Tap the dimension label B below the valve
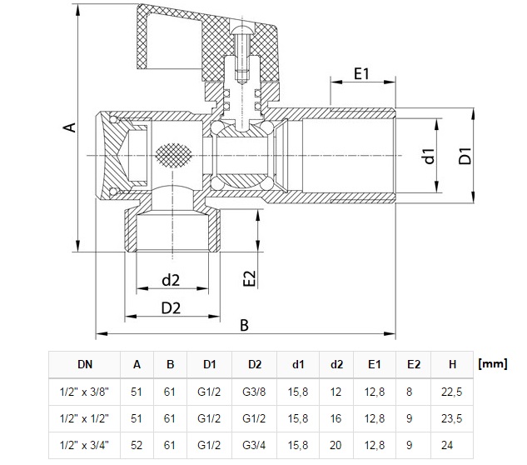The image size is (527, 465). (x=245, y=325)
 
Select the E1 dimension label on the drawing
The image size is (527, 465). (x=361, y=73)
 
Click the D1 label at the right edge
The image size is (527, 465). (x=466, y=155)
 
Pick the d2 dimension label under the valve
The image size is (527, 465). (x=172, y=279)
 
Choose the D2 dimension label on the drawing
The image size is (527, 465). (x=172, y=307)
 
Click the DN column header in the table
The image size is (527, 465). (x=86, y=364)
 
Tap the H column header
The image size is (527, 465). (x=452, y=364)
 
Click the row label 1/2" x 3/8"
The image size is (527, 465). (x=86, y=390)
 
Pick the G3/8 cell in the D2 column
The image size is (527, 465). (x=255, y=390)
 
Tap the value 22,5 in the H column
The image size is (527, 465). (x=452, y=390)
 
